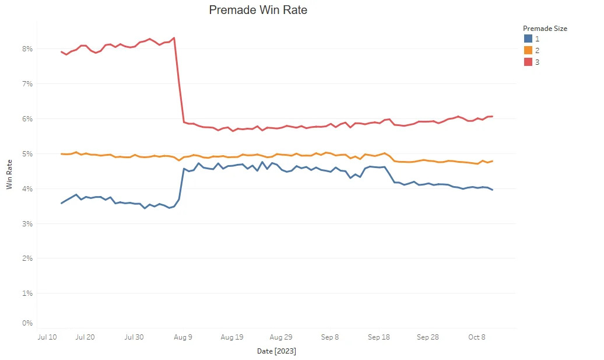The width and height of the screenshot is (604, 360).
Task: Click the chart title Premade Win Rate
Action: coord(258,10)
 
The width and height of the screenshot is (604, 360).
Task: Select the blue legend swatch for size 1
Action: coord(528,39)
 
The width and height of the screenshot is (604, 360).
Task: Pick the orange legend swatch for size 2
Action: coord(528,50)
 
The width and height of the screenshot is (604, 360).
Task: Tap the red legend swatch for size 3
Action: coord(528,62)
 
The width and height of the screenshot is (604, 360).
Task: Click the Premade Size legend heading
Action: coord(545,28)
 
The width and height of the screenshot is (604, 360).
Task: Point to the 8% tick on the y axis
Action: coord(27,48)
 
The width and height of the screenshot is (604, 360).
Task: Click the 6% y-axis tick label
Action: coord(27,118)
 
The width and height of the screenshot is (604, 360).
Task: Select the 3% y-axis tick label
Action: coord(27,223)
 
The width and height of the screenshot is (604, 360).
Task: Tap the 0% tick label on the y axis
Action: coord(27,323)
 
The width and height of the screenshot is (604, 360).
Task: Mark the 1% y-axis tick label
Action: coord(27,293)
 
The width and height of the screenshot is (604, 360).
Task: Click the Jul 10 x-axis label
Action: coord(47,337)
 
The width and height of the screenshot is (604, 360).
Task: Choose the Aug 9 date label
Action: coord(183,337)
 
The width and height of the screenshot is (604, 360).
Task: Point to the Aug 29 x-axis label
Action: coord(281,337)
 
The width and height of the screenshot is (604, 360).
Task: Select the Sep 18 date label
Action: coord(379,337)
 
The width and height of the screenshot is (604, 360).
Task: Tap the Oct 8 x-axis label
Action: coord(476,337)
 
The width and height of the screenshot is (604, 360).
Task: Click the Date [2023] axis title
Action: coord(276,351)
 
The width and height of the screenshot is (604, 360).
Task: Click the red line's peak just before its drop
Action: coord(174,38)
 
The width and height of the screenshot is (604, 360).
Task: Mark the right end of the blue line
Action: coord(492,190)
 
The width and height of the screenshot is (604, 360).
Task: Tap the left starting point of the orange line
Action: coord(61,154)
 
